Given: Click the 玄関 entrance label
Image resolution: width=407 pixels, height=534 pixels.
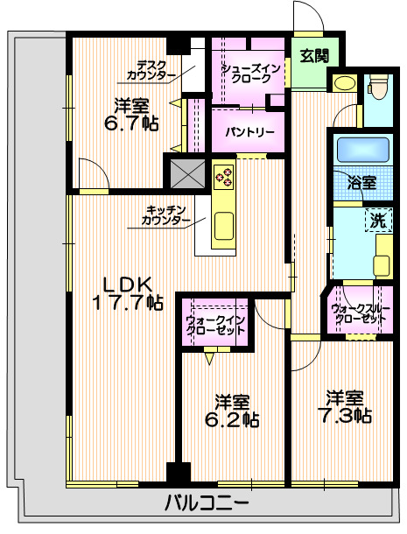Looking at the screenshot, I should (314, 56).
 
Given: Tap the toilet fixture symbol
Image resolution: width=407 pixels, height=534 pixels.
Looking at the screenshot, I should (379, 88).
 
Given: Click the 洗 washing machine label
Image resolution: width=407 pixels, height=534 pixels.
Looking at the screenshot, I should (377, 221).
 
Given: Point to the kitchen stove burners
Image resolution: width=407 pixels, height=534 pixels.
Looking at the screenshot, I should (224, 177).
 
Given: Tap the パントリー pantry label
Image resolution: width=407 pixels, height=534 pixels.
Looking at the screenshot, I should (249, 132).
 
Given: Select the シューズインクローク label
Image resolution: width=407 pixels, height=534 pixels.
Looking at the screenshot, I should (252, 73).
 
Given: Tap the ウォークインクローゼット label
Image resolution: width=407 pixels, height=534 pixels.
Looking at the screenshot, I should (215, 326).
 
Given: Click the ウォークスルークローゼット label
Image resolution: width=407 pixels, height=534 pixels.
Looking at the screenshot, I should (360, 314).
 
